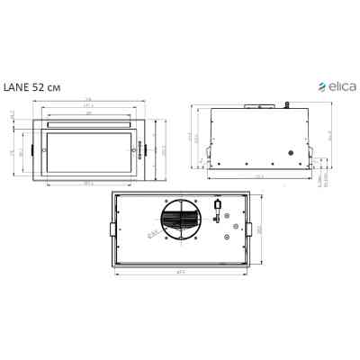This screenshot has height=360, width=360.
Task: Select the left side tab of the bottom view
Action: coord(111,229)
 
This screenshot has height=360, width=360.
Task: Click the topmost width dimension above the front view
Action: coord(89,100)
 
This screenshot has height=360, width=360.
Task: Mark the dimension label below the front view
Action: coord(89,184)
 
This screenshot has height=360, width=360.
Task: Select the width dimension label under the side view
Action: coord(258,176)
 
